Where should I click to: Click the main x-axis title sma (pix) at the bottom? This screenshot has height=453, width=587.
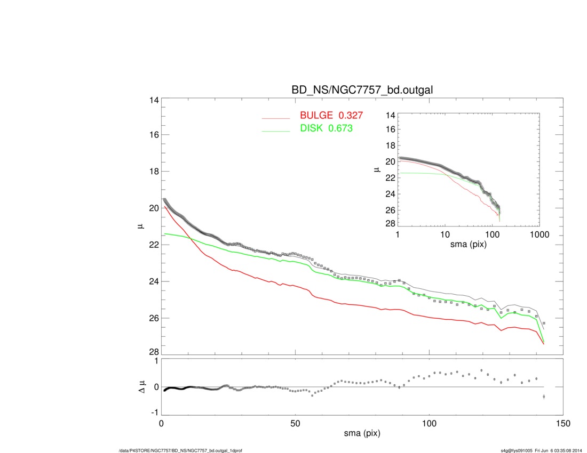click(x=362, y=434)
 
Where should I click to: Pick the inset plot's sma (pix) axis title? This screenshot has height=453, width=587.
click(x=468, y=245)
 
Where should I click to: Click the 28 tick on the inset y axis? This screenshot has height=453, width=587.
click(x=390, y=223)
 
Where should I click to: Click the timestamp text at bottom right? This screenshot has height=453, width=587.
click(x=538, y=451)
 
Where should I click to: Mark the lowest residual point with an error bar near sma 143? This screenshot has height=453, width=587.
click(x=544, y=397)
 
